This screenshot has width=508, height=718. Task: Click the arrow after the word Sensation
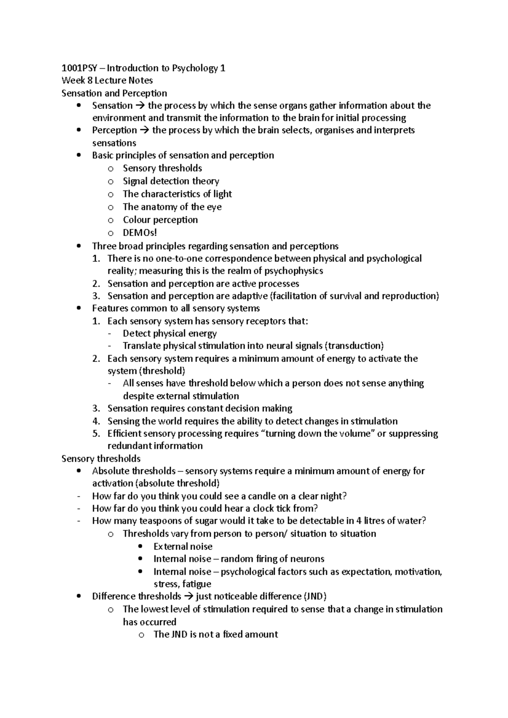[x=140, y=106]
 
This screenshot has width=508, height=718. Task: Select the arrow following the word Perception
[x=144, y=130]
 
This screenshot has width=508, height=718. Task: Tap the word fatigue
[x=197, y=584]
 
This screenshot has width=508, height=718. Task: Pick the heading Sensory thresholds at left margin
[x=101, y=459]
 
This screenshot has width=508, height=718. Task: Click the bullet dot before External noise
[x=141, y=546]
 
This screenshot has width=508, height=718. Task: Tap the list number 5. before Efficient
[x=96, y=433]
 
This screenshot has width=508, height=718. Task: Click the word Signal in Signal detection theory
[x=135, y=181]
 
